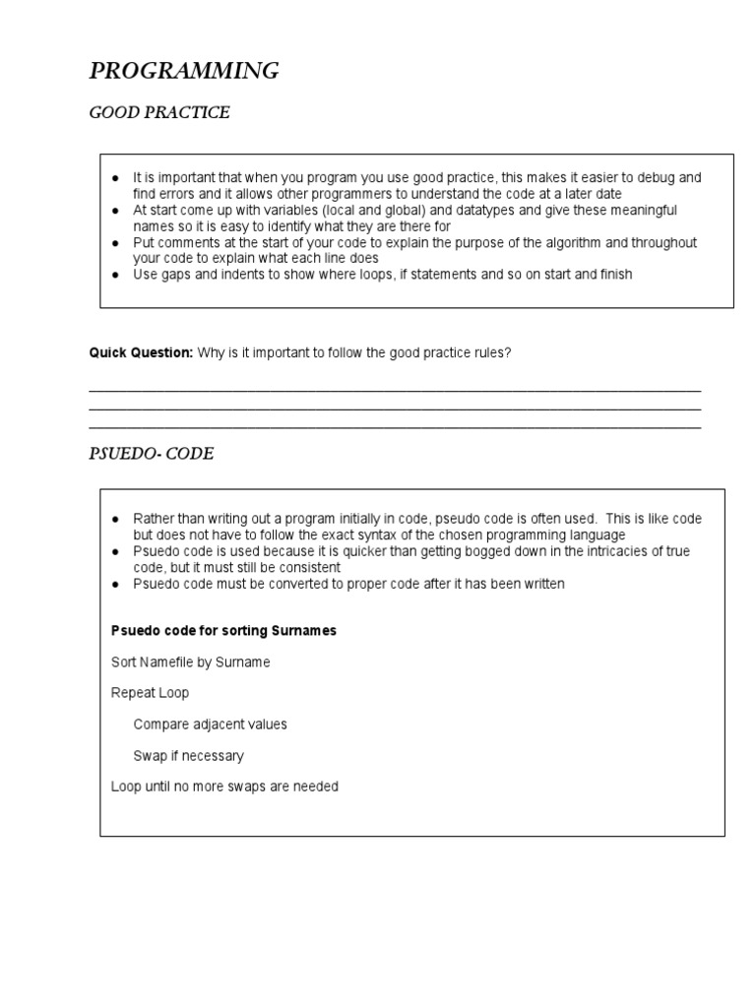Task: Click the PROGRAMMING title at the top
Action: [x=184, y=71]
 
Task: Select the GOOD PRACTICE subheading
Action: [x=159, y=113]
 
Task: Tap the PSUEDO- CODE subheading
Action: [x=151, y=454]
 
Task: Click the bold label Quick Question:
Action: [x=141, y=352]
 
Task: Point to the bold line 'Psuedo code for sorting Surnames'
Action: [x=223, y=631]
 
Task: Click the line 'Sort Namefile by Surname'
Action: [x=190, y=662]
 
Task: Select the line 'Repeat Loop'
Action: [x=150, y=693]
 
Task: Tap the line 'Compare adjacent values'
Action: [x=210, y=724]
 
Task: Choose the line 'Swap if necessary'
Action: [x=188, y=756]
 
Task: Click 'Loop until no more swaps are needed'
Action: [x=224, y=787]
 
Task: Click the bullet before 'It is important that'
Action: [x=115, y=178]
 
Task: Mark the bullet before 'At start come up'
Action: [x=115, y=211]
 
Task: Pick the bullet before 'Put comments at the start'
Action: [x=115, y=243]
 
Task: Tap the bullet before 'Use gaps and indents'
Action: [x=115, y=275]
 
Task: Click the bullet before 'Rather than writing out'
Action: [x=115, y=519]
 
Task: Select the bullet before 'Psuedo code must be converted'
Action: [x=115, y=584]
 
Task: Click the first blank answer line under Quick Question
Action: [x=395, y=391]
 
